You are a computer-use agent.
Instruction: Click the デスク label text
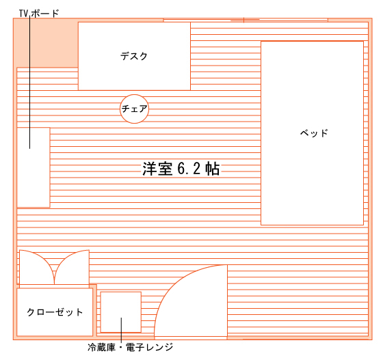[x=134, y=56]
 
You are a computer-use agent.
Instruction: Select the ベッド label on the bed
[x=314, y=133]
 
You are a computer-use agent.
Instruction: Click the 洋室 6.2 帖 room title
[x=181, y=169]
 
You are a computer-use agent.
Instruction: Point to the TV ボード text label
[x=39, y=13]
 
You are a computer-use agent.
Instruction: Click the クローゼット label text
[x=55, y=312]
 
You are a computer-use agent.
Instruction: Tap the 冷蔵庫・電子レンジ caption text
[x=131, y=347]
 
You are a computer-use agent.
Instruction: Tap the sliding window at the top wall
[x=246, y=20]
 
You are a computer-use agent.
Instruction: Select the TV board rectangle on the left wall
[x=34, y=167]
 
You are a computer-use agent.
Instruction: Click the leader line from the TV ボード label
[x=30, y=83]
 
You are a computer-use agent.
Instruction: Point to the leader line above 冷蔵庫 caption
[x=121, y=330]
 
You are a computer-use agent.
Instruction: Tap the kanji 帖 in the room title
[x=213, y=169]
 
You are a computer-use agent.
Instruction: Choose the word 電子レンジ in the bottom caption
[x=150, y=347]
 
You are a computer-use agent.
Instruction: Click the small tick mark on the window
[x=243, y=20]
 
